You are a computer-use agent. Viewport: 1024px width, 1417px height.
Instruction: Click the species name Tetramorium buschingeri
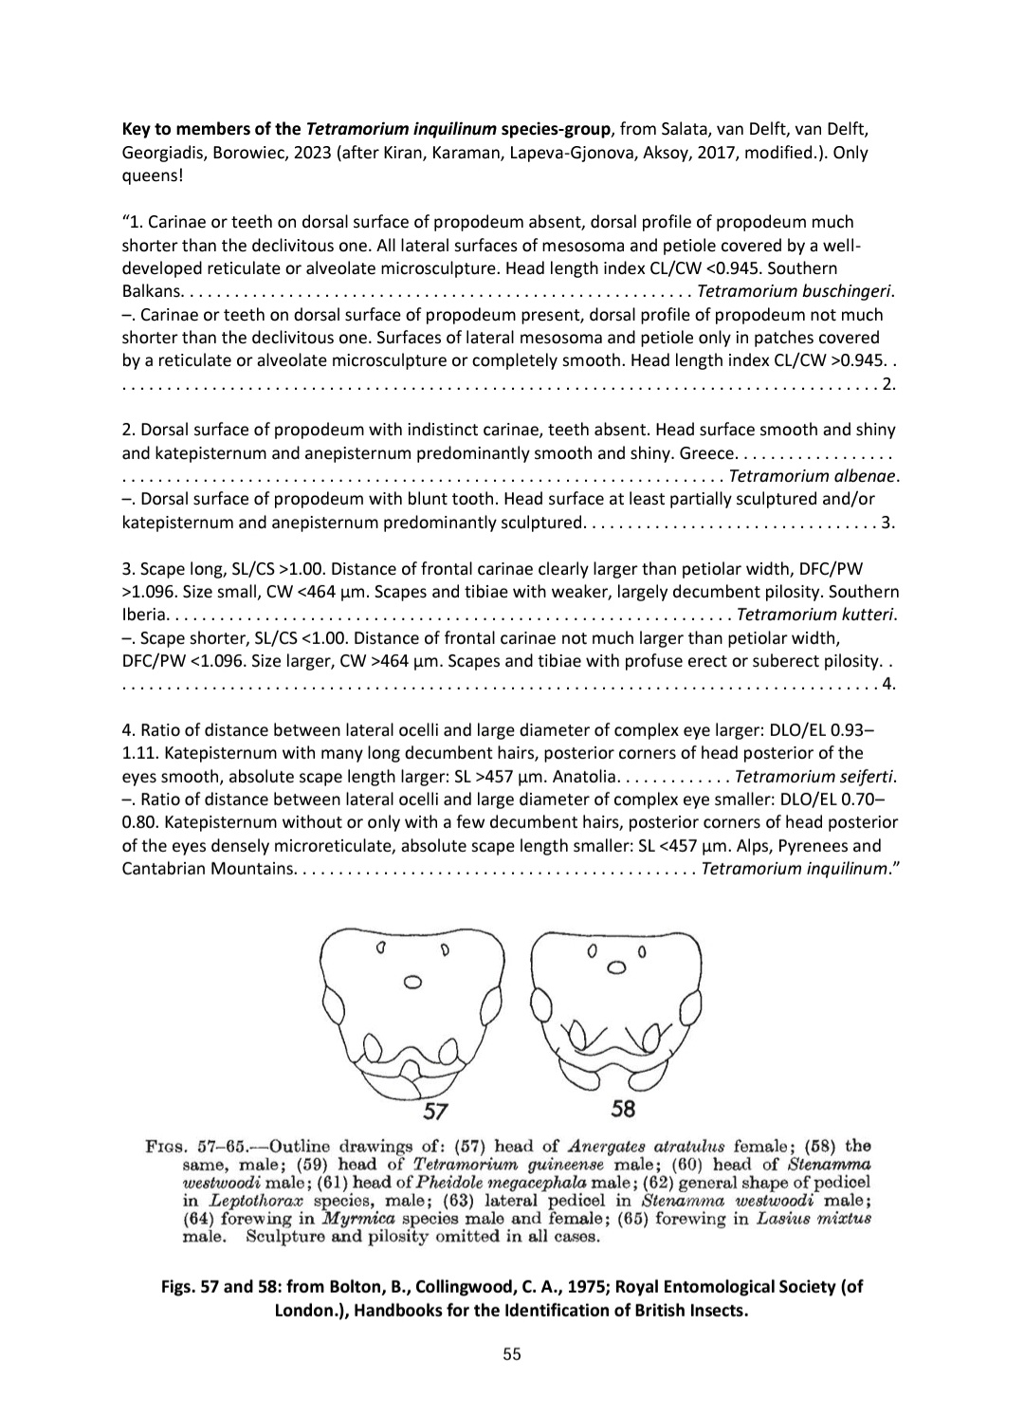795,291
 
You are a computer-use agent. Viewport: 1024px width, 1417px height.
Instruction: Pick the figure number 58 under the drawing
623,1108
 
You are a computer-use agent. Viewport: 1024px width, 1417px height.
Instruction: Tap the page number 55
512,1354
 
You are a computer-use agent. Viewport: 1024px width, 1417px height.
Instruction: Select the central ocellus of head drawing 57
411,983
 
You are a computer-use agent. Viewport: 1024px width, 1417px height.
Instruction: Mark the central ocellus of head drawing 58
616,968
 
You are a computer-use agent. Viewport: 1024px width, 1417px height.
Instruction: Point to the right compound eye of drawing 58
690,1005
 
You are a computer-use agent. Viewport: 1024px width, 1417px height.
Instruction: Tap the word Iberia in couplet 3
143,614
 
